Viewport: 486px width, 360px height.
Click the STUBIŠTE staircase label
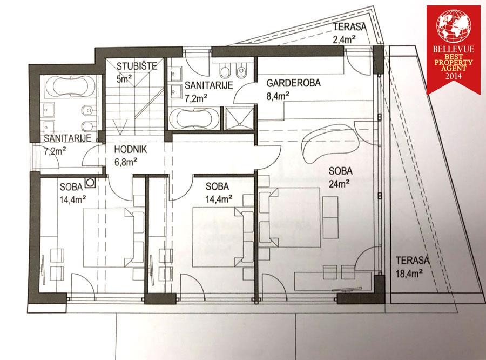(x=137, y=66)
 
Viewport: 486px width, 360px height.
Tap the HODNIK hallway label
(x=131, y=149)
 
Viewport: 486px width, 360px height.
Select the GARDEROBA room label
(x=293, y=83)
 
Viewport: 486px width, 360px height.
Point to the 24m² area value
(x=339, y=184)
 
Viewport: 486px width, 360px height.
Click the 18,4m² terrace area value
(x=409, y=273)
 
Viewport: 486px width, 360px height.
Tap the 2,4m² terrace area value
(x=344, y=39)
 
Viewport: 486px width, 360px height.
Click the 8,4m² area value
(x=278, y=96)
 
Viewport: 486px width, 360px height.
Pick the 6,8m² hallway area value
(x=126, y=162)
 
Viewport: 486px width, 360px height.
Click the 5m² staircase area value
(x=124, y=79)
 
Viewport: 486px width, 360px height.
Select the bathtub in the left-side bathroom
(x=70, y=87)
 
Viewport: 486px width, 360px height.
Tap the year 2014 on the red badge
(x=453, y=76)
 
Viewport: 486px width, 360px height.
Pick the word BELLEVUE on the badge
(x=454, y=49)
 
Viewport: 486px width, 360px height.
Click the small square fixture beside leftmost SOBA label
(x=91, y=183)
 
